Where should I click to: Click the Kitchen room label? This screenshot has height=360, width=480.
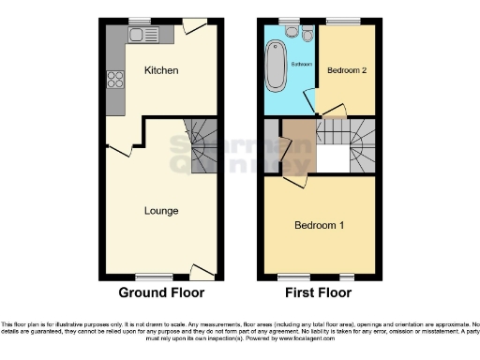click(160, 70)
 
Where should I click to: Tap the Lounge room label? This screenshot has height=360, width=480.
click(160, 210)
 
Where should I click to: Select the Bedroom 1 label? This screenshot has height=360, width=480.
click(319, 225)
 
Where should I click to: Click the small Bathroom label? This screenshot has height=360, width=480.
click(300, 64)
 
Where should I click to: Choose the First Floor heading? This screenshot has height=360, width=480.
click(319, 292)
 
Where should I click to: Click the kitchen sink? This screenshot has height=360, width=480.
click(145, 37)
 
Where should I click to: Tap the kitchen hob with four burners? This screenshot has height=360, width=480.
click(117, 80)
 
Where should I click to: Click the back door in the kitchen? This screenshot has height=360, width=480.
click(196, 28)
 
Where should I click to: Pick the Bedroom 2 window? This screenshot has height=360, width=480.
click(344, 22)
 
